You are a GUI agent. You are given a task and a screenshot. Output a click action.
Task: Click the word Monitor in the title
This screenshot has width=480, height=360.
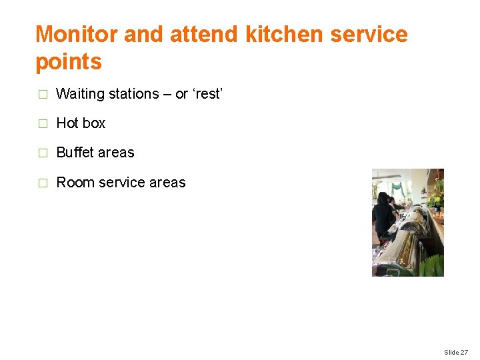pyautogui.click(x=77, y=34)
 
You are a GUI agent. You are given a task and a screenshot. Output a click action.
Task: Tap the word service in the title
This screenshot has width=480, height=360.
pyautogui.click(x=369, y=34)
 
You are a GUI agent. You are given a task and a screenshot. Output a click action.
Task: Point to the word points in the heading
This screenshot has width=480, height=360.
pyautogui.click(x=69, y=63)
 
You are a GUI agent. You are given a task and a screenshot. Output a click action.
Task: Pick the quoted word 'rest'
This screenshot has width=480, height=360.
pyautogui.click(x=207, y=94)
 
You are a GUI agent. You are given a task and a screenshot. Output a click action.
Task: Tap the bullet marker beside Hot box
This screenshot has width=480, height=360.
pyautogui.click(x=43, y=123)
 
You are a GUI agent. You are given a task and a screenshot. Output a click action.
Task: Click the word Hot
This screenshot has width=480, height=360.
pyautogui.click(x=67, y=123)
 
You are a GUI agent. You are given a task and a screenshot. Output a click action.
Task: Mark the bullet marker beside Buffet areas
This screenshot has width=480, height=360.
pyautogui.click(x=43, y=153)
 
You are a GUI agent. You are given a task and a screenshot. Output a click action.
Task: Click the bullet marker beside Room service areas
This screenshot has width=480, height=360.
pyautogui.click(x=43, y=183)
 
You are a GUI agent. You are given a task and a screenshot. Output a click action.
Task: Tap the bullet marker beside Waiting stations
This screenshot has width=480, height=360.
pyautogui.click(x=43, y=94)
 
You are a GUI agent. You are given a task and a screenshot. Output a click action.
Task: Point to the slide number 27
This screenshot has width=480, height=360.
pyautogui.click(x=464, y=352)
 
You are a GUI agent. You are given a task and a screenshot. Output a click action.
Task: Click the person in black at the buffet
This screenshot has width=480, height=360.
pyautogui.click(x=383, y=217)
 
